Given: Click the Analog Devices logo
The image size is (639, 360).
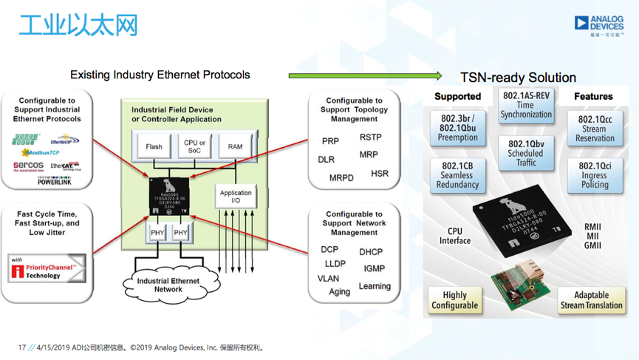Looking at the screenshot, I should click(599, 25).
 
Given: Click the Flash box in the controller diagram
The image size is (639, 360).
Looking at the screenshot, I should click(154, 146).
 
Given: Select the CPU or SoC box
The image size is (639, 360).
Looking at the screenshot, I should click(195, 146).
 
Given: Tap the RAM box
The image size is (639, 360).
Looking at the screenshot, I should click(235, 146).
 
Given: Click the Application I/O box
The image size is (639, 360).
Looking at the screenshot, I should click(236, 196).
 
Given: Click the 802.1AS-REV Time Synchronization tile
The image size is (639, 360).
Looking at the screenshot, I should click(526, 105).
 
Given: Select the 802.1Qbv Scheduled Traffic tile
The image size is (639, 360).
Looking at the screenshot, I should click(526, 153).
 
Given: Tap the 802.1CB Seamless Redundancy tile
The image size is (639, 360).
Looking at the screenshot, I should click(457, 175).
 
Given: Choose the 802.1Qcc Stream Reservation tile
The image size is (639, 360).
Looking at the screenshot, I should click(595, 129).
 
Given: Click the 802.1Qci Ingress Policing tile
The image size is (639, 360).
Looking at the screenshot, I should click(595, 175).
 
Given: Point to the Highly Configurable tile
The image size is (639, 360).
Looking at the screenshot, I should click(454, 300).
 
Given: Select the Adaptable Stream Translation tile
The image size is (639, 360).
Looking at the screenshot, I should click(592, 300).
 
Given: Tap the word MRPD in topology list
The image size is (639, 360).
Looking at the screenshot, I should click(341, 178).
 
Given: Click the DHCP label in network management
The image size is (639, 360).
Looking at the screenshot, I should click(371, 252).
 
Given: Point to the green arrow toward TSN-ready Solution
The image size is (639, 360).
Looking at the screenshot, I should click(365, 75).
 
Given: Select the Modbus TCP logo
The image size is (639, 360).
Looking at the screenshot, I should click(39, 152).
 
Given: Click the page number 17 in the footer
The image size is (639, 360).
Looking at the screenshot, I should click(22, 347).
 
